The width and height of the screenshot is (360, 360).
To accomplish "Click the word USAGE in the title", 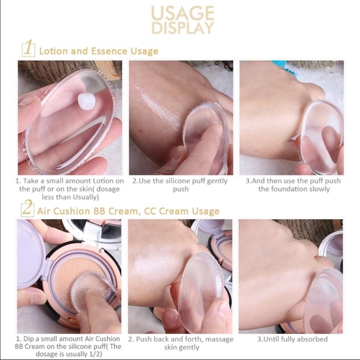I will (184, 13).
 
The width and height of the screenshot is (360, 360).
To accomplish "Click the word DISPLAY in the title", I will (184, 28).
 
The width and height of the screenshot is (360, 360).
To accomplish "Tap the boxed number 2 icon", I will (27, 210).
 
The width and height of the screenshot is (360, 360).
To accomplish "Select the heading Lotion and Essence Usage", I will (99, 51).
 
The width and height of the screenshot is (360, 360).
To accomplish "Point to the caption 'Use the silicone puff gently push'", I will (180, 185).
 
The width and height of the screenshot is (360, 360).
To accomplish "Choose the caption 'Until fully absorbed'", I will (290, 340).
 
